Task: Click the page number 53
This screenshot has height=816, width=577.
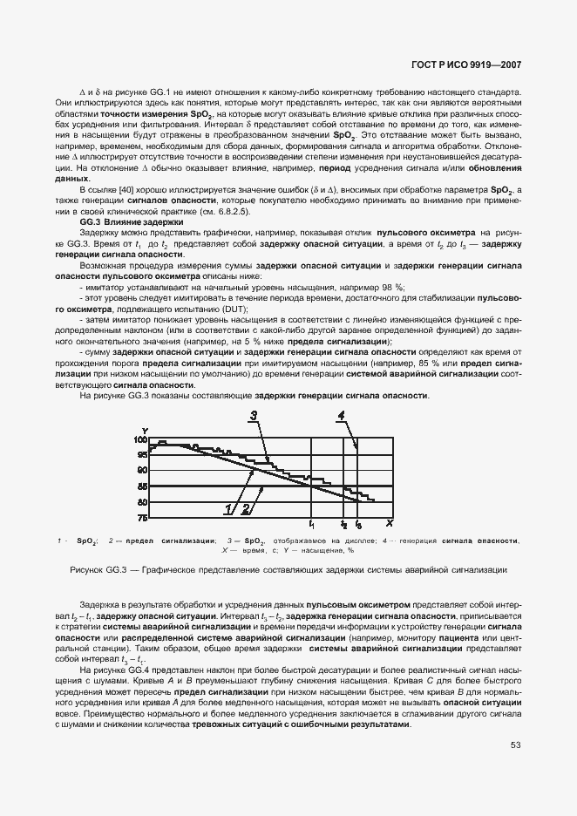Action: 516,745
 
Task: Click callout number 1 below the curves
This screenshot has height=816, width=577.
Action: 229,508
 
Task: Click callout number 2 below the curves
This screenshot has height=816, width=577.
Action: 246,508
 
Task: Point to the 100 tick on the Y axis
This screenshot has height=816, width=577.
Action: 141,440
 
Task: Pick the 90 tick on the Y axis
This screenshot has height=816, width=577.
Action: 143,471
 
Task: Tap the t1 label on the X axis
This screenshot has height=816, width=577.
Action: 312,524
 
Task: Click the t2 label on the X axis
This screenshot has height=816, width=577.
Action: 344,525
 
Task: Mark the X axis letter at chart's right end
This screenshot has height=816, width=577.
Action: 389,523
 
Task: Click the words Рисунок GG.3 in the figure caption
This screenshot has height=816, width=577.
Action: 97,569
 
